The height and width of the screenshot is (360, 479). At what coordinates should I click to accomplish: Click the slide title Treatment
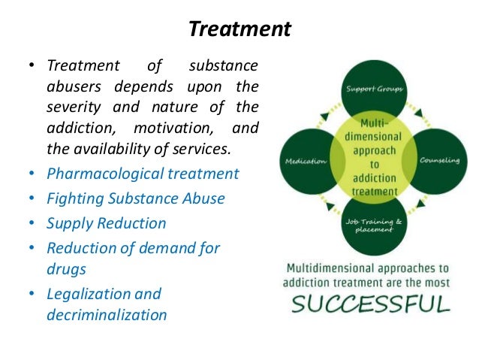[239, 29]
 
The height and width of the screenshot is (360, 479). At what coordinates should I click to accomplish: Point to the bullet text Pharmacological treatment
[143, 174]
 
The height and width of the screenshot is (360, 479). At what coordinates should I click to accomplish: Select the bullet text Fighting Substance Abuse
[136, 198]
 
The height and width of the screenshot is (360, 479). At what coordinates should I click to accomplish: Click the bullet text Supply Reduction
[107, 223]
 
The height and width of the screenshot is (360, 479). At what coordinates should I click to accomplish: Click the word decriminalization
[107, 314]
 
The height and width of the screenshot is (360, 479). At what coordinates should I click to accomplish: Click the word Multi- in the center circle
[373, 122]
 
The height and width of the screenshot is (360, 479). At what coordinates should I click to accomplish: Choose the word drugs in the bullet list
[66, 268]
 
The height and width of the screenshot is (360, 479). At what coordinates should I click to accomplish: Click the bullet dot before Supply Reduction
[32, 224]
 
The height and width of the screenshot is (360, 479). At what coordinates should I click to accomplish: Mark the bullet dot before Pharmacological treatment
[32, 174]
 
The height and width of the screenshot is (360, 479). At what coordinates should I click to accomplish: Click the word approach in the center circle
[373, 150]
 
